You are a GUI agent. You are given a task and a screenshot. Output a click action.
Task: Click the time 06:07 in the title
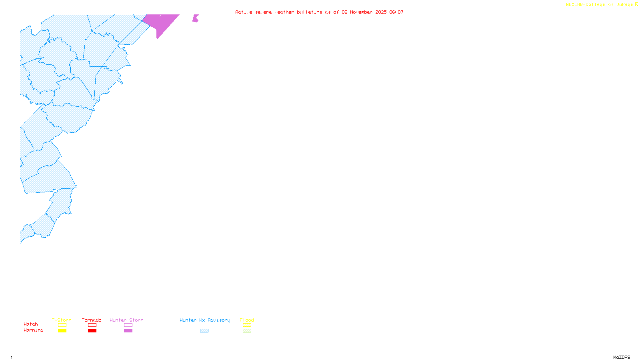pos(396,12)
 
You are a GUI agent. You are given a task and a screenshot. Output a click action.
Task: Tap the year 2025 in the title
pos(381,12)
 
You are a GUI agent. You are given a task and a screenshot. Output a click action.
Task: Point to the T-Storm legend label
pos(62,320)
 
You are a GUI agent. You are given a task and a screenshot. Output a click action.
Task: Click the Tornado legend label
pos(92,320)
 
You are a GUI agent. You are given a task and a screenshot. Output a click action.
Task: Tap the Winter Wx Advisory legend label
pos(205,320)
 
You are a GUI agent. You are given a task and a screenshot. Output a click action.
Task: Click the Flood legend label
pos(247,320)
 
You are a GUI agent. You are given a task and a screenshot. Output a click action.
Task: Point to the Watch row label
pos(31,324)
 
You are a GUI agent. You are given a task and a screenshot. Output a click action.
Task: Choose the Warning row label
pos(34,330)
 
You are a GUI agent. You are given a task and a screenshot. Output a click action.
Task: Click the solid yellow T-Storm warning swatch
pos(62,331)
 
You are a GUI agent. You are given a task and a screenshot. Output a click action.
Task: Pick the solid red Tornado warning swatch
pos(92,331)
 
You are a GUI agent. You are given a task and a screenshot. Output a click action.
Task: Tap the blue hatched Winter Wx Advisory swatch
pos(204,331)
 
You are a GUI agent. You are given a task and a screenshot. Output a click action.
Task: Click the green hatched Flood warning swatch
pos(247,331)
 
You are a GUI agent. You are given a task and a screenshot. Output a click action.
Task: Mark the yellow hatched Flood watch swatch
pos(247,325)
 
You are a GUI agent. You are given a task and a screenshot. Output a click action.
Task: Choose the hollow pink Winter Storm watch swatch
pos(128,325)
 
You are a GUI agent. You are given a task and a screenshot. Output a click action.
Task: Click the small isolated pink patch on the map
pos(195,18)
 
